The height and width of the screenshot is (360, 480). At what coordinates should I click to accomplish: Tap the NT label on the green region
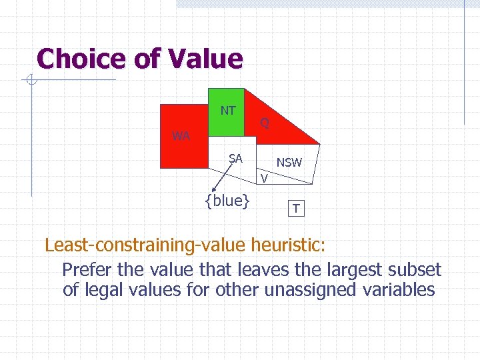point(228,111)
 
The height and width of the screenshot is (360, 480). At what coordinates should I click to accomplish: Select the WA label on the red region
point(181,136)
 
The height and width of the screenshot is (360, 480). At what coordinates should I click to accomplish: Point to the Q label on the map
point(265,123)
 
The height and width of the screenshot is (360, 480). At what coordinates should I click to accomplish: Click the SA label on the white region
point(235,159)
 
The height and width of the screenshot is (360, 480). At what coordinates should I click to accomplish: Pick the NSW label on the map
point(289,162)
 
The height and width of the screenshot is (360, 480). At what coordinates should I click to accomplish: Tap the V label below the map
point(265,178)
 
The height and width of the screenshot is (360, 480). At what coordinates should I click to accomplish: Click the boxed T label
point(296,209)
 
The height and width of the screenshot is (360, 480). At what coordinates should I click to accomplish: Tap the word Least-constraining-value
point(146,245)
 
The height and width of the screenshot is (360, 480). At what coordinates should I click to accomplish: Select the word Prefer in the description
point(87,270)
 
